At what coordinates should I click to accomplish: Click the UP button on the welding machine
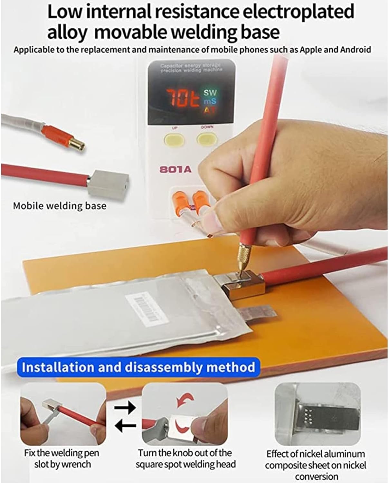coord(174,139)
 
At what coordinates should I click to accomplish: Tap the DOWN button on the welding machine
coord(207,139)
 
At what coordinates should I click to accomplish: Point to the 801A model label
coord(176,169)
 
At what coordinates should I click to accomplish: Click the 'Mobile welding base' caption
coord(60,206)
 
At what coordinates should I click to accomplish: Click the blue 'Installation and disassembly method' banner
coord(138,367)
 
